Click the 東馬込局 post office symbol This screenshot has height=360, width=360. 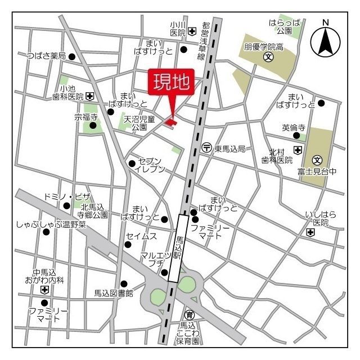click(x=206, y=148)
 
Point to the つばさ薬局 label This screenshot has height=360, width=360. click(x=47, y=56)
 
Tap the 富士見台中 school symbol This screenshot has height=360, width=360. click(x=317, y=160)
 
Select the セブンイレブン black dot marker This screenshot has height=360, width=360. click(x=132, y=164)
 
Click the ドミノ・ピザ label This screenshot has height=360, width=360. click(x=66, y=196)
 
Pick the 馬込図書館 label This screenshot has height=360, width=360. click(x=113, y=293)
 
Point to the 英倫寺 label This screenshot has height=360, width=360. click(x=293, y=128)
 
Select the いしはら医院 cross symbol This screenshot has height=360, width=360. click(x=310, y=232)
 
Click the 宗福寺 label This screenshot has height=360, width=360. click(x=86, y=118)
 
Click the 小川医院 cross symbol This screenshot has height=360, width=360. click(x=192, y=31)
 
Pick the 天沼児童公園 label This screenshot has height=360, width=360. click(x=139, y=123)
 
